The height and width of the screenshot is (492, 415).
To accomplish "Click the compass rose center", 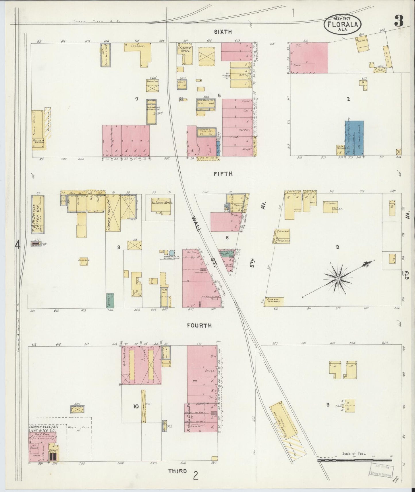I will coord(338,278).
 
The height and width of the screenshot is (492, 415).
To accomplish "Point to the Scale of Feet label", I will coord(354,454).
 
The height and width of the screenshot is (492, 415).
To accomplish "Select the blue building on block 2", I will coord(355,138).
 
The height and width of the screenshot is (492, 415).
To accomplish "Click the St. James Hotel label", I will coord(160,202).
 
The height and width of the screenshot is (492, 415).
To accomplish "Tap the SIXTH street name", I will coord(223,32).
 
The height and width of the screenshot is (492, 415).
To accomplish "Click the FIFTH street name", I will coord(223,174).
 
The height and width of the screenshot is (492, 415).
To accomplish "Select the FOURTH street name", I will coord(199,326).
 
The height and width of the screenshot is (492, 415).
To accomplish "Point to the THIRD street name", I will coord(177,471).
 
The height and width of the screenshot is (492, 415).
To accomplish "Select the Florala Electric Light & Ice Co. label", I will coord(43,428).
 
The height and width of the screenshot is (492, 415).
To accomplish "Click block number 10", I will coord(136,406).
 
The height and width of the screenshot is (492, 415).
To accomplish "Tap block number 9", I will coord(327,405).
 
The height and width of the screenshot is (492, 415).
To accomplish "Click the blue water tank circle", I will coord(171,253).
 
